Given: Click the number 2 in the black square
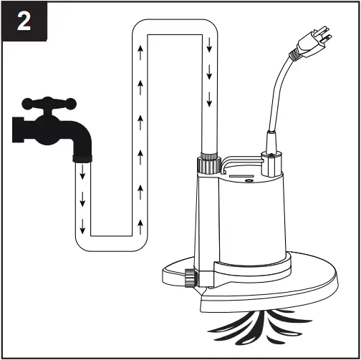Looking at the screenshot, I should (24, 22).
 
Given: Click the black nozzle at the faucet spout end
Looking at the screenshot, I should (82, 154).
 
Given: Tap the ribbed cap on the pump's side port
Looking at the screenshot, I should (191, 278).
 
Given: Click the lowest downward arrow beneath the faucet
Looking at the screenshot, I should (83, 229).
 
